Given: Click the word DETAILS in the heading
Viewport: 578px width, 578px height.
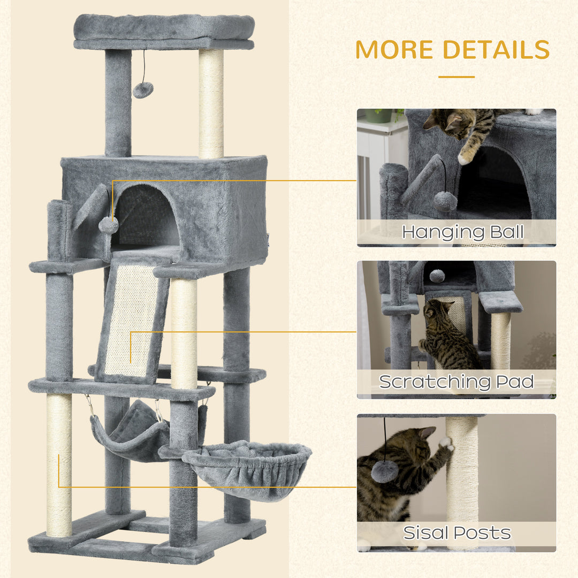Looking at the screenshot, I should click(x=495, y=50).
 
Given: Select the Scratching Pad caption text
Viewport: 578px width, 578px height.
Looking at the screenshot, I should click(x=457, y=382).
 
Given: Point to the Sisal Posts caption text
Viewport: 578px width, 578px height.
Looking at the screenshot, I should click(x=457, y=533).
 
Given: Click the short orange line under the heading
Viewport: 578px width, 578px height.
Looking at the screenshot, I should click(x=456, y=77).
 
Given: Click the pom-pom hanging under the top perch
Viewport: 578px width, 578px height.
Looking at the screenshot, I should click(x=143, y=89).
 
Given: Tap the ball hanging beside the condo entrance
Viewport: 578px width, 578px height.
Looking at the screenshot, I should click(x=109, y=225).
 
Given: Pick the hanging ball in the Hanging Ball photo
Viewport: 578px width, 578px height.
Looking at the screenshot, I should click(x=445, y=201).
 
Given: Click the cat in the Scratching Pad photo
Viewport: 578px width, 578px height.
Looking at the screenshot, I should click(x=447, y=334).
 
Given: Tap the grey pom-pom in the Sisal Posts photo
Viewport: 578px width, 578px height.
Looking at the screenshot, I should click(x=385, y=471).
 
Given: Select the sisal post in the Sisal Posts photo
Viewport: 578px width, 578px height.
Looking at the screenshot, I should click(x=462, y=476).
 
